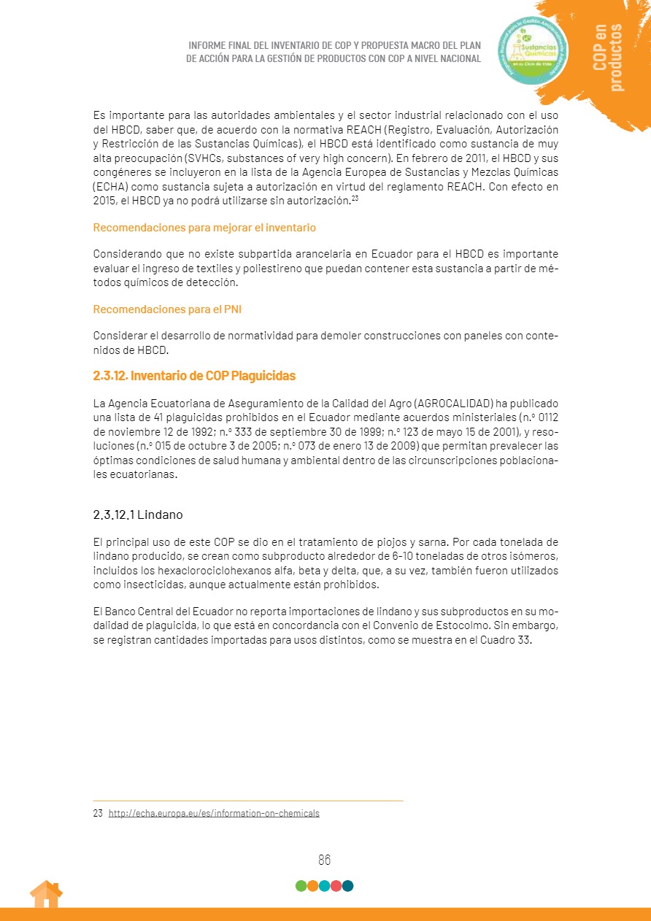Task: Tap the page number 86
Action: pos(325,860)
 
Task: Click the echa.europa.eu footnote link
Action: pos(214,813)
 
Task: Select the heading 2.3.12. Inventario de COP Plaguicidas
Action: pos(194,376)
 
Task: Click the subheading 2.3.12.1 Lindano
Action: pos(138,515)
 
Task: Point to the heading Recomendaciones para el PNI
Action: pos(167,309)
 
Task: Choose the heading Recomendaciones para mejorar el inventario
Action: pos(204,228)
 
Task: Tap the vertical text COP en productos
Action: pos(609,57)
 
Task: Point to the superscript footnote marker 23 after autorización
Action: pos(355,199)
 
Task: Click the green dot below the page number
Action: pos(301,886)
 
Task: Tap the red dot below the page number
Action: pos(336,886)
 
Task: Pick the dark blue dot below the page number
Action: pos(347,886)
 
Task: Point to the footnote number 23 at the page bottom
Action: pos(98,813)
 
